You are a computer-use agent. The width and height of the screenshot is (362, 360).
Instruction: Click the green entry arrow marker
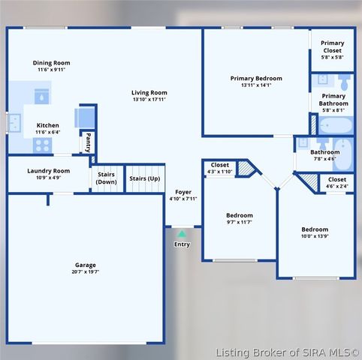point(182,234)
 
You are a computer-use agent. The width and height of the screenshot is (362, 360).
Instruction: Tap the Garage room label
point(85,265)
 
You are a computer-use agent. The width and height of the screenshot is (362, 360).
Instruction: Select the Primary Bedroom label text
point(256,78)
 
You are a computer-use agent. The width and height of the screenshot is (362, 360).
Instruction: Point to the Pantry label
point(88,139)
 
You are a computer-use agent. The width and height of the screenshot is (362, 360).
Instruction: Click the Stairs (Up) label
point(144,178)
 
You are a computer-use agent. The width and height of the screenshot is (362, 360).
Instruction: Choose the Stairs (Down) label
point(107,178)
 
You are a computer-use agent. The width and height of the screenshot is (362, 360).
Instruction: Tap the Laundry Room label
point(49,171)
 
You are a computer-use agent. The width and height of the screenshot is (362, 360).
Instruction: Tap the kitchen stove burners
point(42,145)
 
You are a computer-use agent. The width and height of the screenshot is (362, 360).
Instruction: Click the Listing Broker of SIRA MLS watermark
point(288,352)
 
